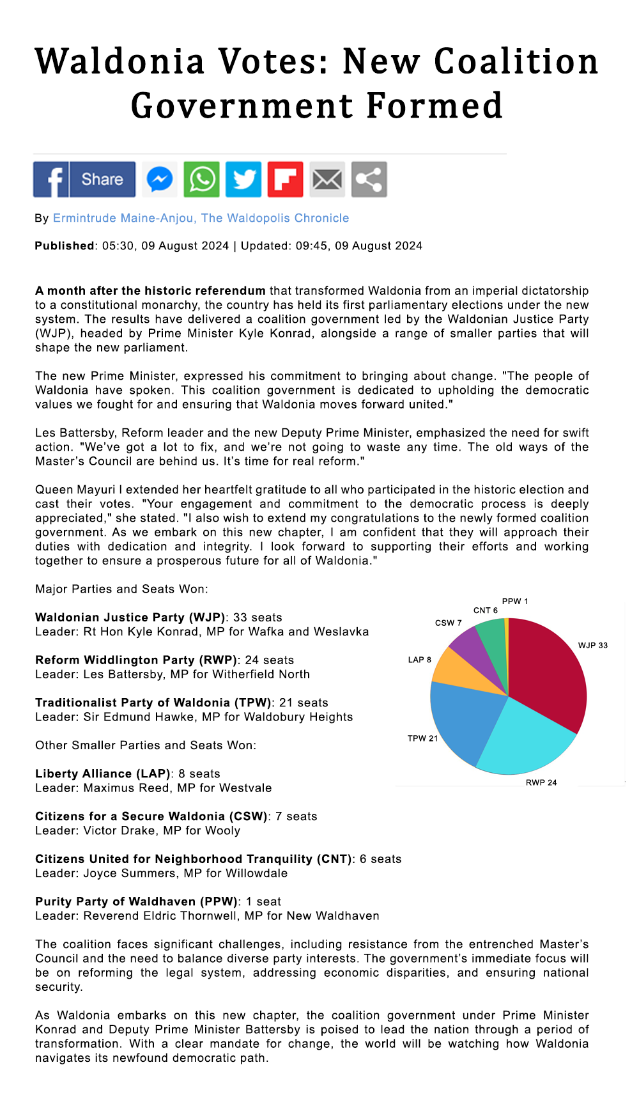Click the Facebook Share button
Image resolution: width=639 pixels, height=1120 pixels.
tap(84, 180)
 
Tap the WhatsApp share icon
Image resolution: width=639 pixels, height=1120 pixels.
tap(202, 180)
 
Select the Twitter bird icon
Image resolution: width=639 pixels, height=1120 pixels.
tap(243, 180)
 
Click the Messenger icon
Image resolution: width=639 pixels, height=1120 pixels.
tap(160, 180)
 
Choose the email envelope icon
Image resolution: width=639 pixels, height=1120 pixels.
tap(327, 180)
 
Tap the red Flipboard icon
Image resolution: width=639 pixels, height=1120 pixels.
tap(285, 180)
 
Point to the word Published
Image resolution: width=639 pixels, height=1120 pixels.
tap(65, 246)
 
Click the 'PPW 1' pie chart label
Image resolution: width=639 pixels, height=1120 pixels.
tap(515, 602)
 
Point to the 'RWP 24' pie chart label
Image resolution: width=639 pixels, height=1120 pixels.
tap(541, 783)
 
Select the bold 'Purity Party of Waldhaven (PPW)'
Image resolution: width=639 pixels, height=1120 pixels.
tap(136, 902)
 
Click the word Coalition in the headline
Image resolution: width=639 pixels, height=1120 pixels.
tap(516, 62)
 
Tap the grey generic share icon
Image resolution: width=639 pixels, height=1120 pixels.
tap(369, 180)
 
